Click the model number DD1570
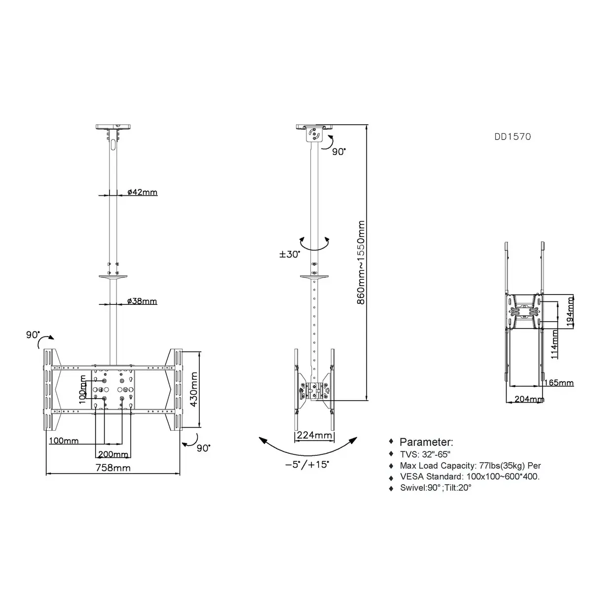(513, 137)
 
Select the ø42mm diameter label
(142, 192)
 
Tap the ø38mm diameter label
(142, 301)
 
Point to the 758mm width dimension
(113, 468)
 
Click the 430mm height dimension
(193, 389)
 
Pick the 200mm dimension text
(113, 454)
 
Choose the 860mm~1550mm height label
(361, 262)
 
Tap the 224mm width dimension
(314, 435)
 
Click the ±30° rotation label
(290, 255)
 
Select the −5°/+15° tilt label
(307, 464)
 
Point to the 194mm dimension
(570, 311)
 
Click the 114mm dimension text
(554, 344)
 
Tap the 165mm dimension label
(559, 383)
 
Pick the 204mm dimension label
(529, 399)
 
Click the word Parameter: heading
(426, 442)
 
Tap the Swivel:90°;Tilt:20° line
(436, 487)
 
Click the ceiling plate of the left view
(113, 127)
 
